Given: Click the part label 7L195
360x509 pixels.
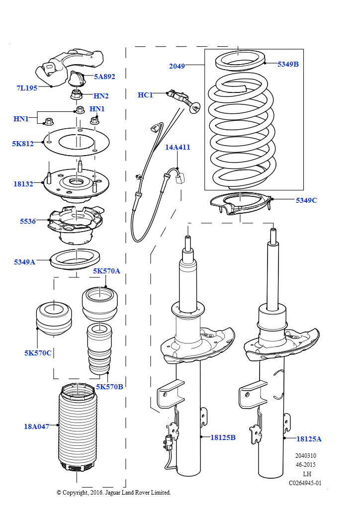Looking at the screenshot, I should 27,88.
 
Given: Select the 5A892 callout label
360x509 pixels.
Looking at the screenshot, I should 104,77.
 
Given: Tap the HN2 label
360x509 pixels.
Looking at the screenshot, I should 101,96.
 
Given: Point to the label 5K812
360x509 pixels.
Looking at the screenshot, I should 23,144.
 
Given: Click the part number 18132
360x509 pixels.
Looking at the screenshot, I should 23,184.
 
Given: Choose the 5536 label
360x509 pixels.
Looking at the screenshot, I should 28,221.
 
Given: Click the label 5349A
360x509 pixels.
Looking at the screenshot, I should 24,261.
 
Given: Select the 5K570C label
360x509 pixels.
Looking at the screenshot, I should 38,353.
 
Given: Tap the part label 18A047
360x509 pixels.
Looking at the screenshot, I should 36,426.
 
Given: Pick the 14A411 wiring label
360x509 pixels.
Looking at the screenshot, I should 178,147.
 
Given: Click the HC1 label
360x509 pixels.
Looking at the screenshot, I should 145,95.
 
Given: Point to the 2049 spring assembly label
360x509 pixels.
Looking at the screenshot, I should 177,66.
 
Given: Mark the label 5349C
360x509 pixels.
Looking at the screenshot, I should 306,200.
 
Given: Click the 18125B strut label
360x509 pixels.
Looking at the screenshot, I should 223,437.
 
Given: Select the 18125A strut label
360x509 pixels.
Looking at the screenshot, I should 309,439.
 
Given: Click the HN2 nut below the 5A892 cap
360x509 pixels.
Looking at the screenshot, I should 77,94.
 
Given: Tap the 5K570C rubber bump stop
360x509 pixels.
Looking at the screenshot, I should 53,319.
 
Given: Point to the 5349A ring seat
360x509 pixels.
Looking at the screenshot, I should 76,259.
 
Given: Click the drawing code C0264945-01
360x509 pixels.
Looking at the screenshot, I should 305,483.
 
